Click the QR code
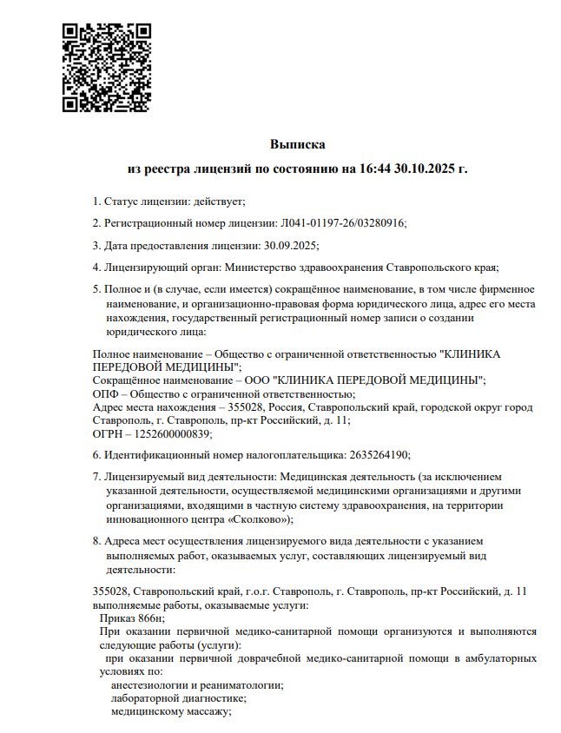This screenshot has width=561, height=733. point(107,67)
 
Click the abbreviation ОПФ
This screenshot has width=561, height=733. point(103,393)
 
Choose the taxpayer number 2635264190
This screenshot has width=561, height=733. point(378,454)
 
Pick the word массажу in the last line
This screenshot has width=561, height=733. point(205,711)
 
